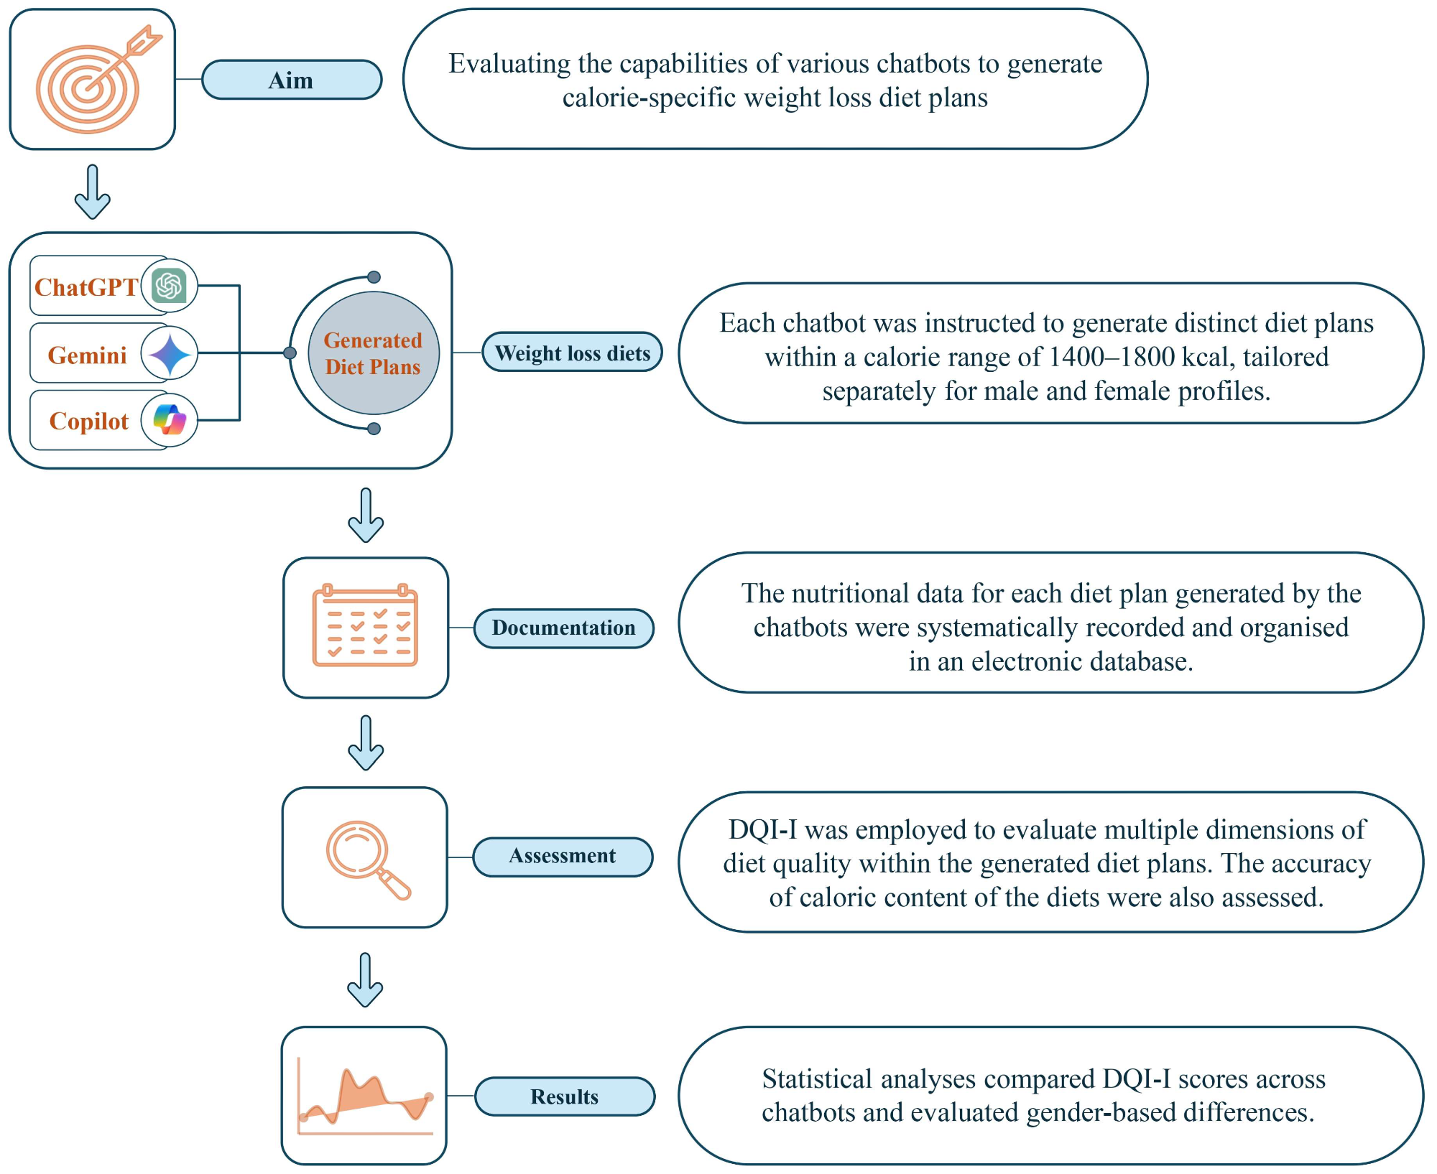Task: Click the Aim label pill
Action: coord(291,80)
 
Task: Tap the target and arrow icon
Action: coord(94,80)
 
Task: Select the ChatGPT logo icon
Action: coord(170,286)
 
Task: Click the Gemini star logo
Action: coord(170,353)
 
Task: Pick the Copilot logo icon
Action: coord(170,420)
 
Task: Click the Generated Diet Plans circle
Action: coord(373,353)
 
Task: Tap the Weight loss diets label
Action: coord(572,353)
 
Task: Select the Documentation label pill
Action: coord(563,628)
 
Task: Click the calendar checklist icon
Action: coord(365,625)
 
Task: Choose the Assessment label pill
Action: coord(563,857)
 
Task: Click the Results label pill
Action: coord(565,1096)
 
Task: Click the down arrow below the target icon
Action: coord(93,192)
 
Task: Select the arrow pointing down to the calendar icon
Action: coord(366,515)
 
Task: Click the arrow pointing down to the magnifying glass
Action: coord(366,743)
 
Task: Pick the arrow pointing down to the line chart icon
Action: coord(365,979)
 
